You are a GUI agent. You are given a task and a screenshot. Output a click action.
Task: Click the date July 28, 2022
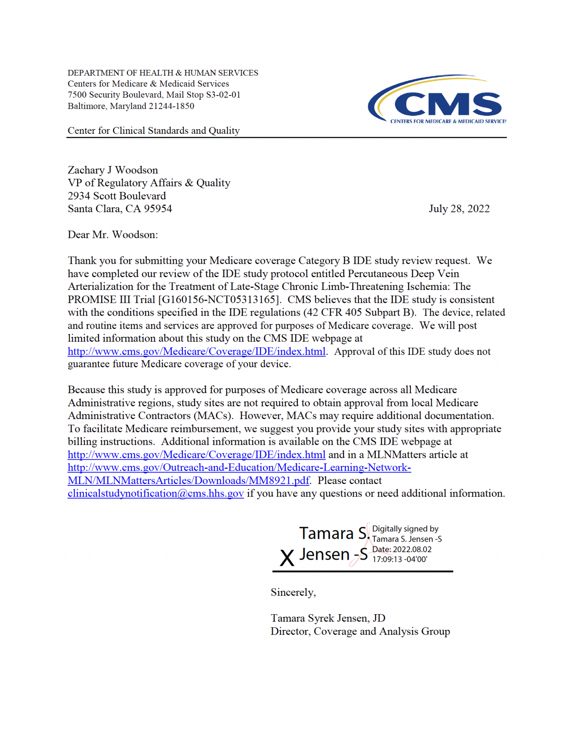pos(459,209)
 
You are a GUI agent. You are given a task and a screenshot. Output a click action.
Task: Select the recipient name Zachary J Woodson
pos(113,170)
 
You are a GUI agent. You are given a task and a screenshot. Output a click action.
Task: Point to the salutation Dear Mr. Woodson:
pos(113,235)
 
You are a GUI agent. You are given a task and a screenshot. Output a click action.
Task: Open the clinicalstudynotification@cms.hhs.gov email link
pos(155,493)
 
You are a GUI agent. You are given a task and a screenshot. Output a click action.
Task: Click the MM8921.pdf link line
pos(188,481)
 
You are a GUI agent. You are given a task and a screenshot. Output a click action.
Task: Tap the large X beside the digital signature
pos(286,558)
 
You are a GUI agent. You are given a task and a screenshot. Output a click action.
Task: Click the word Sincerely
pos(293,592)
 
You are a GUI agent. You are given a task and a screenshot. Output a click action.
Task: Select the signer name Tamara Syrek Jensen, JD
pos(328,618)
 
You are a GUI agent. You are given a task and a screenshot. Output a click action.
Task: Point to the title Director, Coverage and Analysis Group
pos(360,631)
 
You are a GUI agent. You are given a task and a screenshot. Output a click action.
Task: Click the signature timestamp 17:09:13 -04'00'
pos(399,559)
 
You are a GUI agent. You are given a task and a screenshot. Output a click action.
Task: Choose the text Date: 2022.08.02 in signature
pos(402,549)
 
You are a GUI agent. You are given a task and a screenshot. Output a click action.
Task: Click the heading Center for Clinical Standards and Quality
pos(154,131)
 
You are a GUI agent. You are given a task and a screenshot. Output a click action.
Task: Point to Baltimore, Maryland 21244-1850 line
pos(131,106)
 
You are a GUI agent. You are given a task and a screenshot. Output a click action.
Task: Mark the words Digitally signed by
pos(405,529)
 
